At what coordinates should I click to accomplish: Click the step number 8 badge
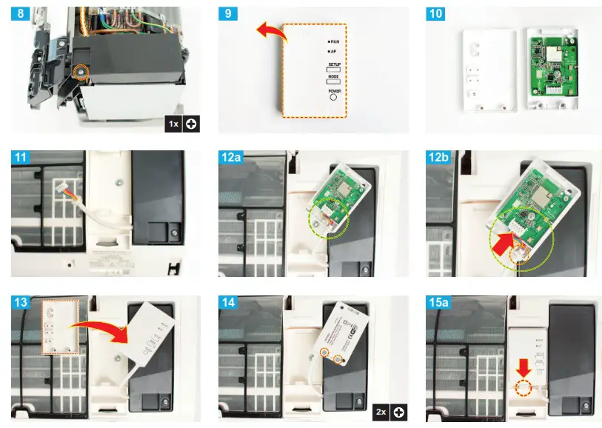click(x=20, y=15)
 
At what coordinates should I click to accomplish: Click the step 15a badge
click(x=443, y=302)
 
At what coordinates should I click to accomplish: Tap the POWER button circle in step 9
click(x=333, y=97)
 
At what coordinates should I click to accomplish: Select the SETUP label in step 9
click(x=333, y=65)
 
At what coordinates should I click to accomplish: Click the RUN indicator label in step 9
click(x=334, y=43)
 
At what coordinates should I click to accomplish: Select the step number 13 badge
click(x=23, y=302)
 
